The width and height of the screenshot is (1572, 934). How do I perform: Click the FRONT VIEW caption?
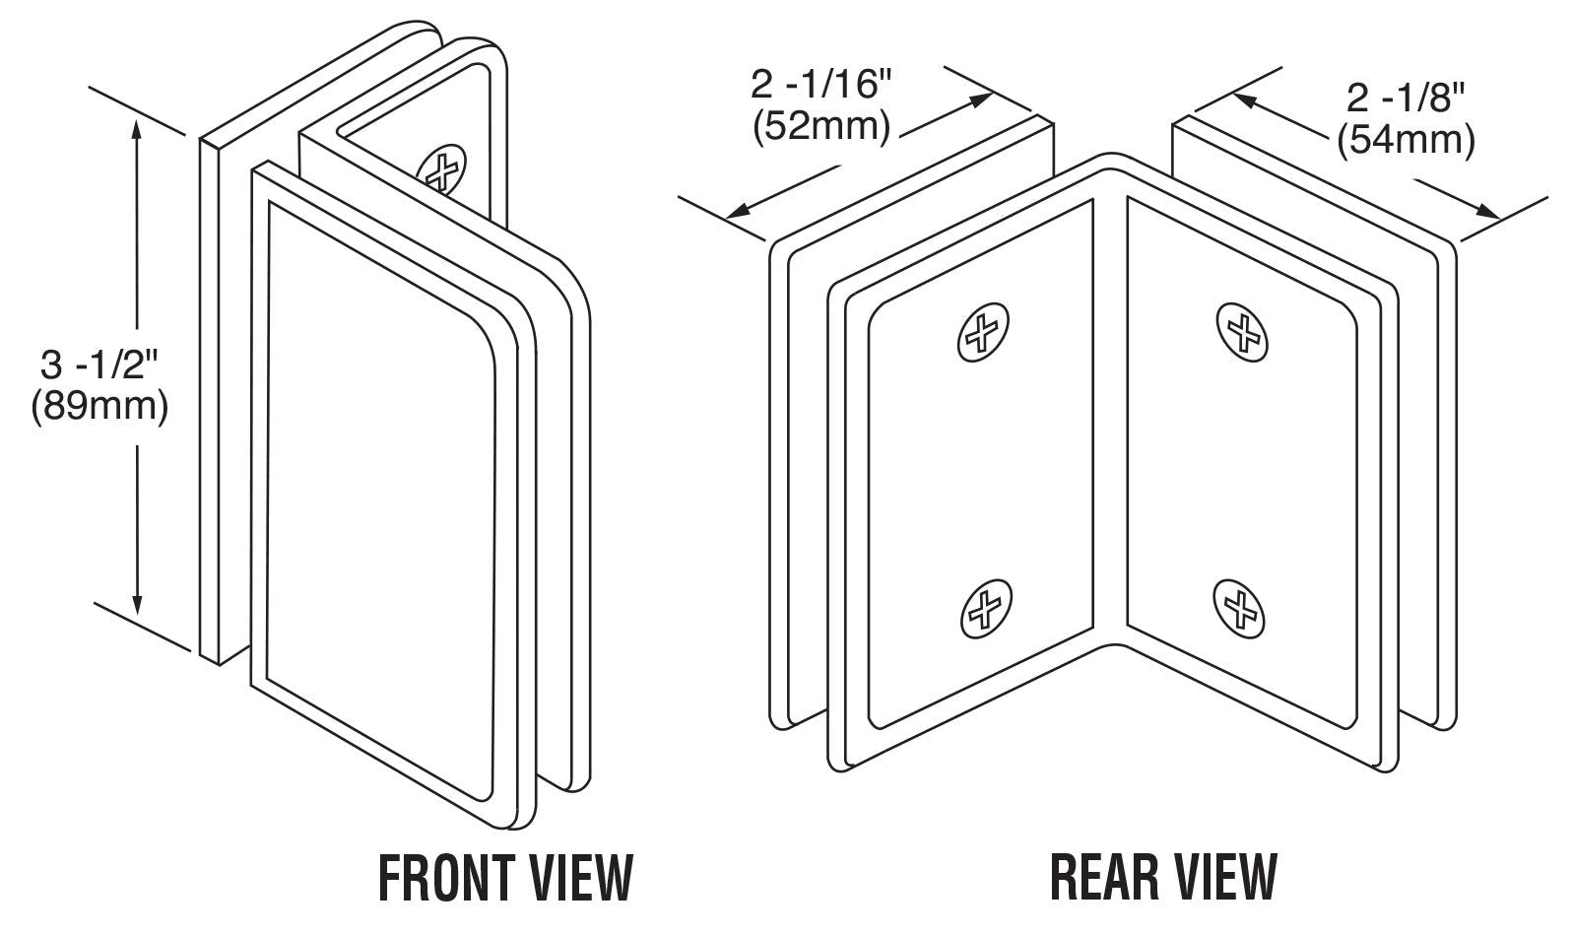pos(505,877)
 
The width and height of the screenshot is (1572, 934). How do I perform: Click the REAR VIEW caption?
pos(1163,877)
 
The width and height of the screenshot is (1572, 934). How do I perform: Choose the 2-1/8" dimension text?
pos(1406,98)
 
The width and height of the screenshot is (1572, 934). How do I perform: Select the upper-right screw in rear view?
pos(1243,329)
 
